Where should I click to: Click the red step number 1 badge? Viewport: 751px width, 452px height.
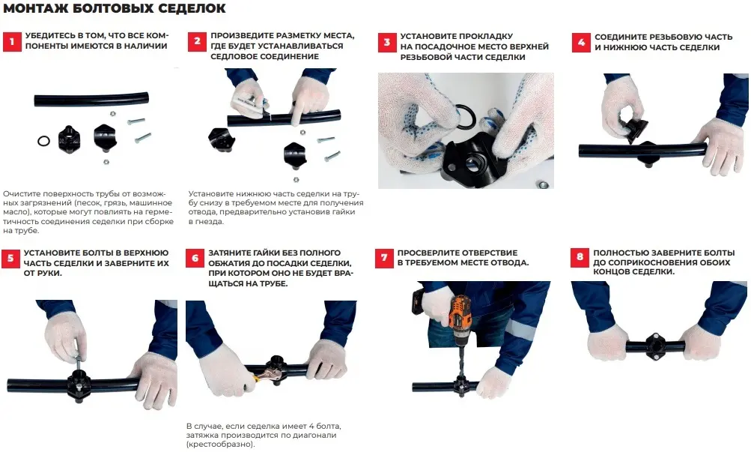(12, 41)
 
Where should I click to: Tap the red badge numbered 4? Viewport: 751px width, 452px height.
(581, 42)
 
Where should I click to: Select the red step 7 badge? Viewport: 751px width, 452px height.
(383, 258)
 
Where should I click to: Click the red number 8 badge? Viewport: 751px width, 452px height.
(580, 257)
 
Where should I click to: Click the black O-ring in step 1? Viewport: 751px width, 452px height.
(43, 141)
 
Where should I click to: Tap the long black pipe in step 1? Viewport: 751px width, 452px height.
(91, 99)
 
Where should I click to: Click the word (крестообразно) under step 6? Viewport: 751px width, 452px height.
(220, 445)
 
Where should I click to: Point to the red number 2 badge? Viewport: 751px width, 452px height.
(197, 42)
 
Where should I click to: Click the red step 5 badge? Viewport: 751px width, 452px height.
(10, 259)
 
